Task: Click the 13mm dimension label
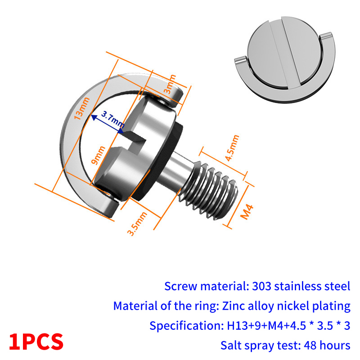(81, 108)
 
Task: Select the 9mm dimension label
(98, 155)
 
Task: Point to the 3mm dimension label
(170, 84)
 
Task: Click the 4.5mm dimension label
(232, 148)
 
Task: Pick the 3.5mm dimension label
(137, 224)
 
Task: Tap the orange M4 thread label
(247, 211)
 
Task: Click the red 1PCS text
(36, 342)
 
